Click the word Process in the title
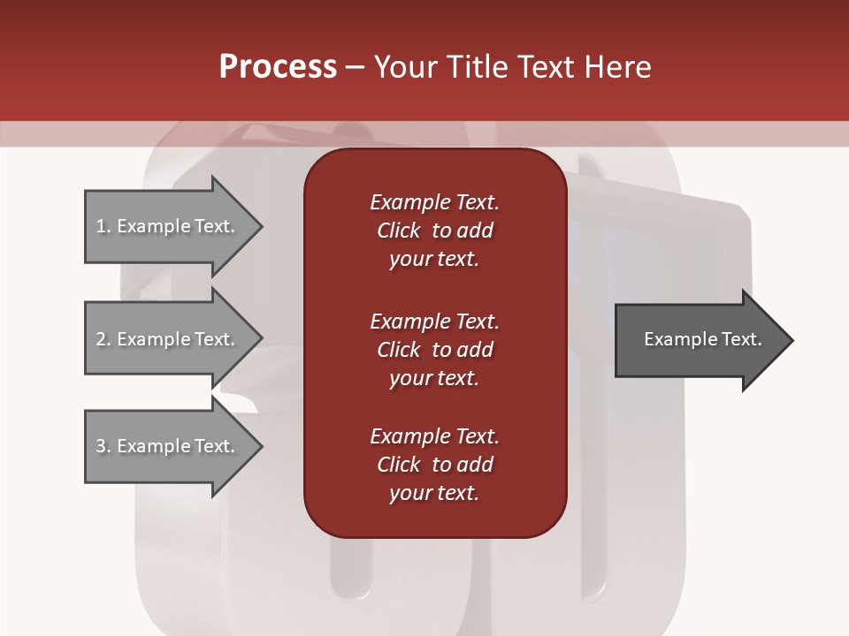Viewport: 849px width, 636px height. [x=278, y=67]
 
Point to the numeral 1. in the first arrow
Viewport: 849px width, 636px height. [x=103, y=226]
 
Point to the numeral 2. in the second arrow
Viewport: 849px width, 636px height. [x=103, y=339]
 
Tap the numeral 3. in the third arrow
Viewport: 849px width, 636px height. [x=103, y=446]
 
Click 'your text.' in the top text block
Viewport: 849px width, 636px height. [x=433, y=260]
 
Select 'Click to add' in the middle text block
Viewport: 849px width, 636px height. [x=434, y=350]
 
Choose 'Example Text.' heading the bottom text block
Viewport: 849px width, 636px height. [x=434, y=436]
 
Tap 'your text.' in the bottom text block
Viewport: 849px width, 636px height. [x=433, y=494]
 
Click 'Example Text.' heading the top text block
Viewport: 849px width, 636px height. [x=434, y=202]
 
